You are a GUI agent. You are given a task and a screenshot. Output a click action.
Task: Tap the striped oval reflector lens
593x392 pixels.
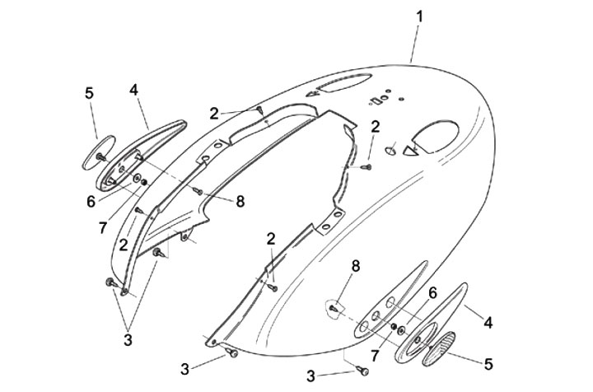438,348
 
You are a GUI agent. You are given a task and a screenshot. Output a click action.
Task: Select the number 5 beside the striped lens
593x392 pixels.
488,364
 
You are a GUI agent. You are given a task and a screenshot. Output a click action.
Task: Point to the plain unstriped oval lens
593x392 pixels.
99,152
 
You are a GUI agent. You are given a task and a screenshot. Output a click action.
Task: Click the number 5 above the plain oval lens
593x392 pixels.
89,93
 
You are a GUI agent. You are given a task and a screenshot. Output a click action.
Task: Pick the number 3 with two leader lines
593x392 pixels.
128,340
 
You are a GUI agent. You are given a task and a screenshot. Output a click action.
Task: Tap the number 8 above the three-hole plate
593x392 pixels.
356,266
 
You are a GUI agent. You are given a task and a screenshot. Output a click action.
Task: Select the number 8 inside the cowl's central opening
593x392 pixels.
240,202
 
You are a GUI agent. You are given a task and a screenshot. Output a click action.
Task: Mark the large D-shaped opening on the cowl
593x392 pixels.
435,137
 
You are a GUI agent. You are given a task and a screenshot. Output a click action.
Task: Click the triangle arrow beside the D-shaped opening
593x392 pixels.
410,151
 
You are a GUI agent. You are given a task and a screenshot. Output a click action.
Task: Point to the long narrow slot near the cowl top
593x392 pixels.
343,82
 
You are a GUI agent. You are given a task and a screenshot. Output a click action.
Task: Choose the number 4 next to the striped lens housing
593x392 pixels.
488,323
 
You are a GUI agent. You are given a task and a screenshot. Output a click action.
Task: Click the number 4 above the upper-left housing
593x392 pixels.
133,90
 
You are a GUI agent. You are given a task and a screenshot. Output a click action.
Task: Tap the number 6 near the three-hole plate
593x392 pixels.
432,292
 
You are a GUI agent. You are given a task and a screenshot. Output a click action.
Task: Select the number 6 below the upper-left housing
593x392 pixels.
91,202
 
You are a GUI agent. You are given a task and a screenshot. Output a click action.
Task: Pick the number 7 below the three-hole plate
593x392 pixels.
375,355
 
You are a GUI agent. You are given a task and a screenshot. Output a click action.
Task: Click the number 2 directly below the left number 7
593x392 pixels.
124,245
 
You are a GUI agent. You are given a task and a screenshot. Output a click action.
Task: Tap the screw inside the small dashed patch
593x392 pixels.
334,308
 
